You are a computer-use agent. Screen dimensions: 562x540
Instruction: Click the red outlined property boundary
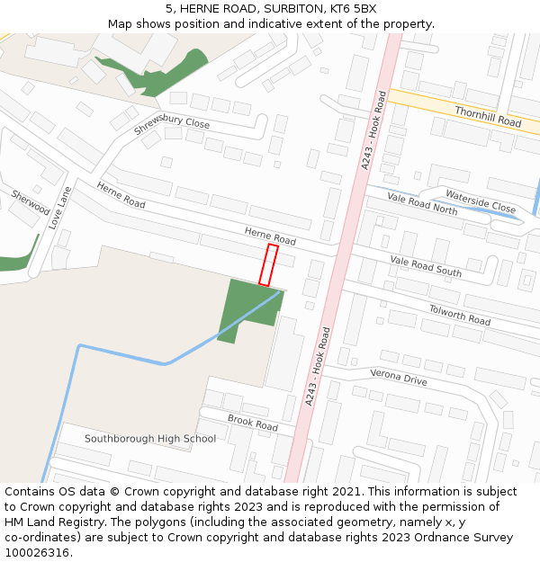tap(268, 264)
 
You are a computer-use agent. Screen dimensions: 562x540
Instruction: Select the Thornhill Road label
tap(488, 116)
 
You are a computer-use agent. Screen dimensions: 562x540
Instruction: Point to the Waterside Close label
tap(481, 200)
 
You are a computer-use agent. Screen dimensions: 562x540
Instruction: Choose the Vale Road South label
tap(426, 266)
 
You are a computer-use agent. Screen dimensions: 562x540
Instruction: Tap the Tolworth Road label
tap(459, 315)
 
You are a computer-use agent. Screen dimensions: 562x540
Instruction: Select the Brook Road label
tap(253, 421)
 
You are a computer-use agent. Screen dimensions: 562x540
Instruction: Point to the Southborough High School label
tap(150, 439)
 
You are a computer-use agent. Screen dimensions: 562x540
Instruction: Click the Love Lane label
tap(59, 208)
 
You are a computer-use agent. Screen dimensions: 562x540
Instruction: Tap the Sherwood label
tap(31, 201)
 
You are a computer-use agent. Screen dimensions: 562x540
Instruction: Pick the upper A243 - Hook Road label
tap(373, 129)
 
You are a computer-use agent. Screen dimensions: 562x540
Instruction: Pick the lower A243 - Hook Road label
tap(318, 366)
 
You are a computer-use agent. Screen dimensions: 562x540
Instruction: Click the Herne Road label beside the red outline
tap(270, 236)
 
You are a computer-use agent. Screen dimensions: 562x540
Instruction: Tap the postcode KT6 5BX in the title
tap(353, 9)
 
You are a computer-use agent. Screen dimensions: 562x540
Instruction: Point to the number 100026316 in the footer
tap(35, 552)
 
